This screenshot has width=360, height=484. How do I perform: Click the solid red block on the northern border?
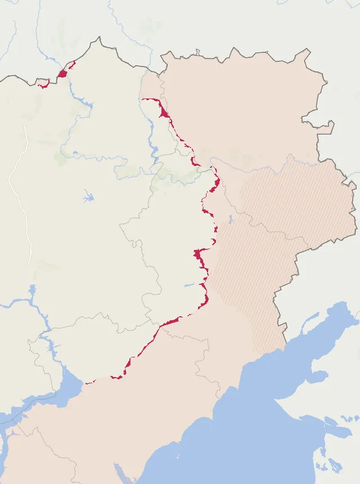(62, 73)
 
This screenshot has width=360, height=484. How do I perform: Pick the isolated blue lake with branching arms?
(88, 197)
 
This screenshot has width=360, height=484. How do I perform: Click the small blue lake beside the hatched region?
(231, 219)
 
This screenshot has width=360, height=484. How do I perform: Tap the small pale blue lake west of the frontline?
(189, 285)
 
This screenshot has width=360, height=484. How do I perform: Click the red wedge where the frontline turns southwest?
(172, 321)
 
